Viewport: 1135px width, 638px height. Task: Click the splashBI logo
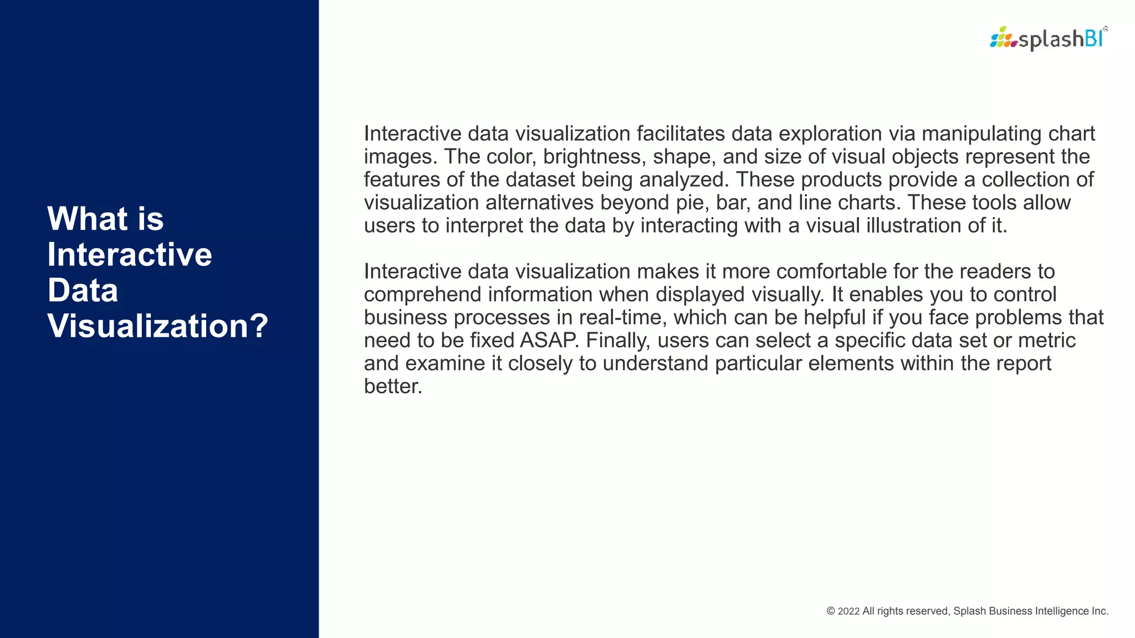coord(1049,39)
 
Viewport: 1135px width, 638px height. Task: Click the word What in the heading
coord(87,219)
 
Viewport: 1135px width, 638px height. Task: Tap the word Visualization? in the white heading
coord(158,326)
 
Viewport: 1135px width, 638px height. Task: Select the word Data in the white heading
coord(83,290)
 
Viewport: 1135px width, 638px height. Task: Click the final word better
coord(393,387)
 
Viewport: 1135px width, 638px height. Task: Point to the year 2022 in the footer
coord(848,611)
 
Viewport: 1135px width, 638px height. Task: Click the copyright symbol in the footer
coord(831,611)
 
